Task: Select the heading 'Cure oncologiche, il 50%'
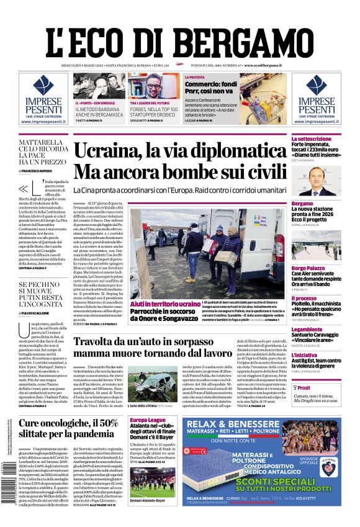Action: (x=69, y=424)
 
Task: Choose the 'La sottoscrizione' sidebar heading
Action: (x=312, y=138)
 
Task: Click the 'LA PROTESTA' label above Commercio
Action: (x=178, y=78)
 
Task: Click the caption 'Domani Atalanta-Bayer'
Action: (x=147, y=500)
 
